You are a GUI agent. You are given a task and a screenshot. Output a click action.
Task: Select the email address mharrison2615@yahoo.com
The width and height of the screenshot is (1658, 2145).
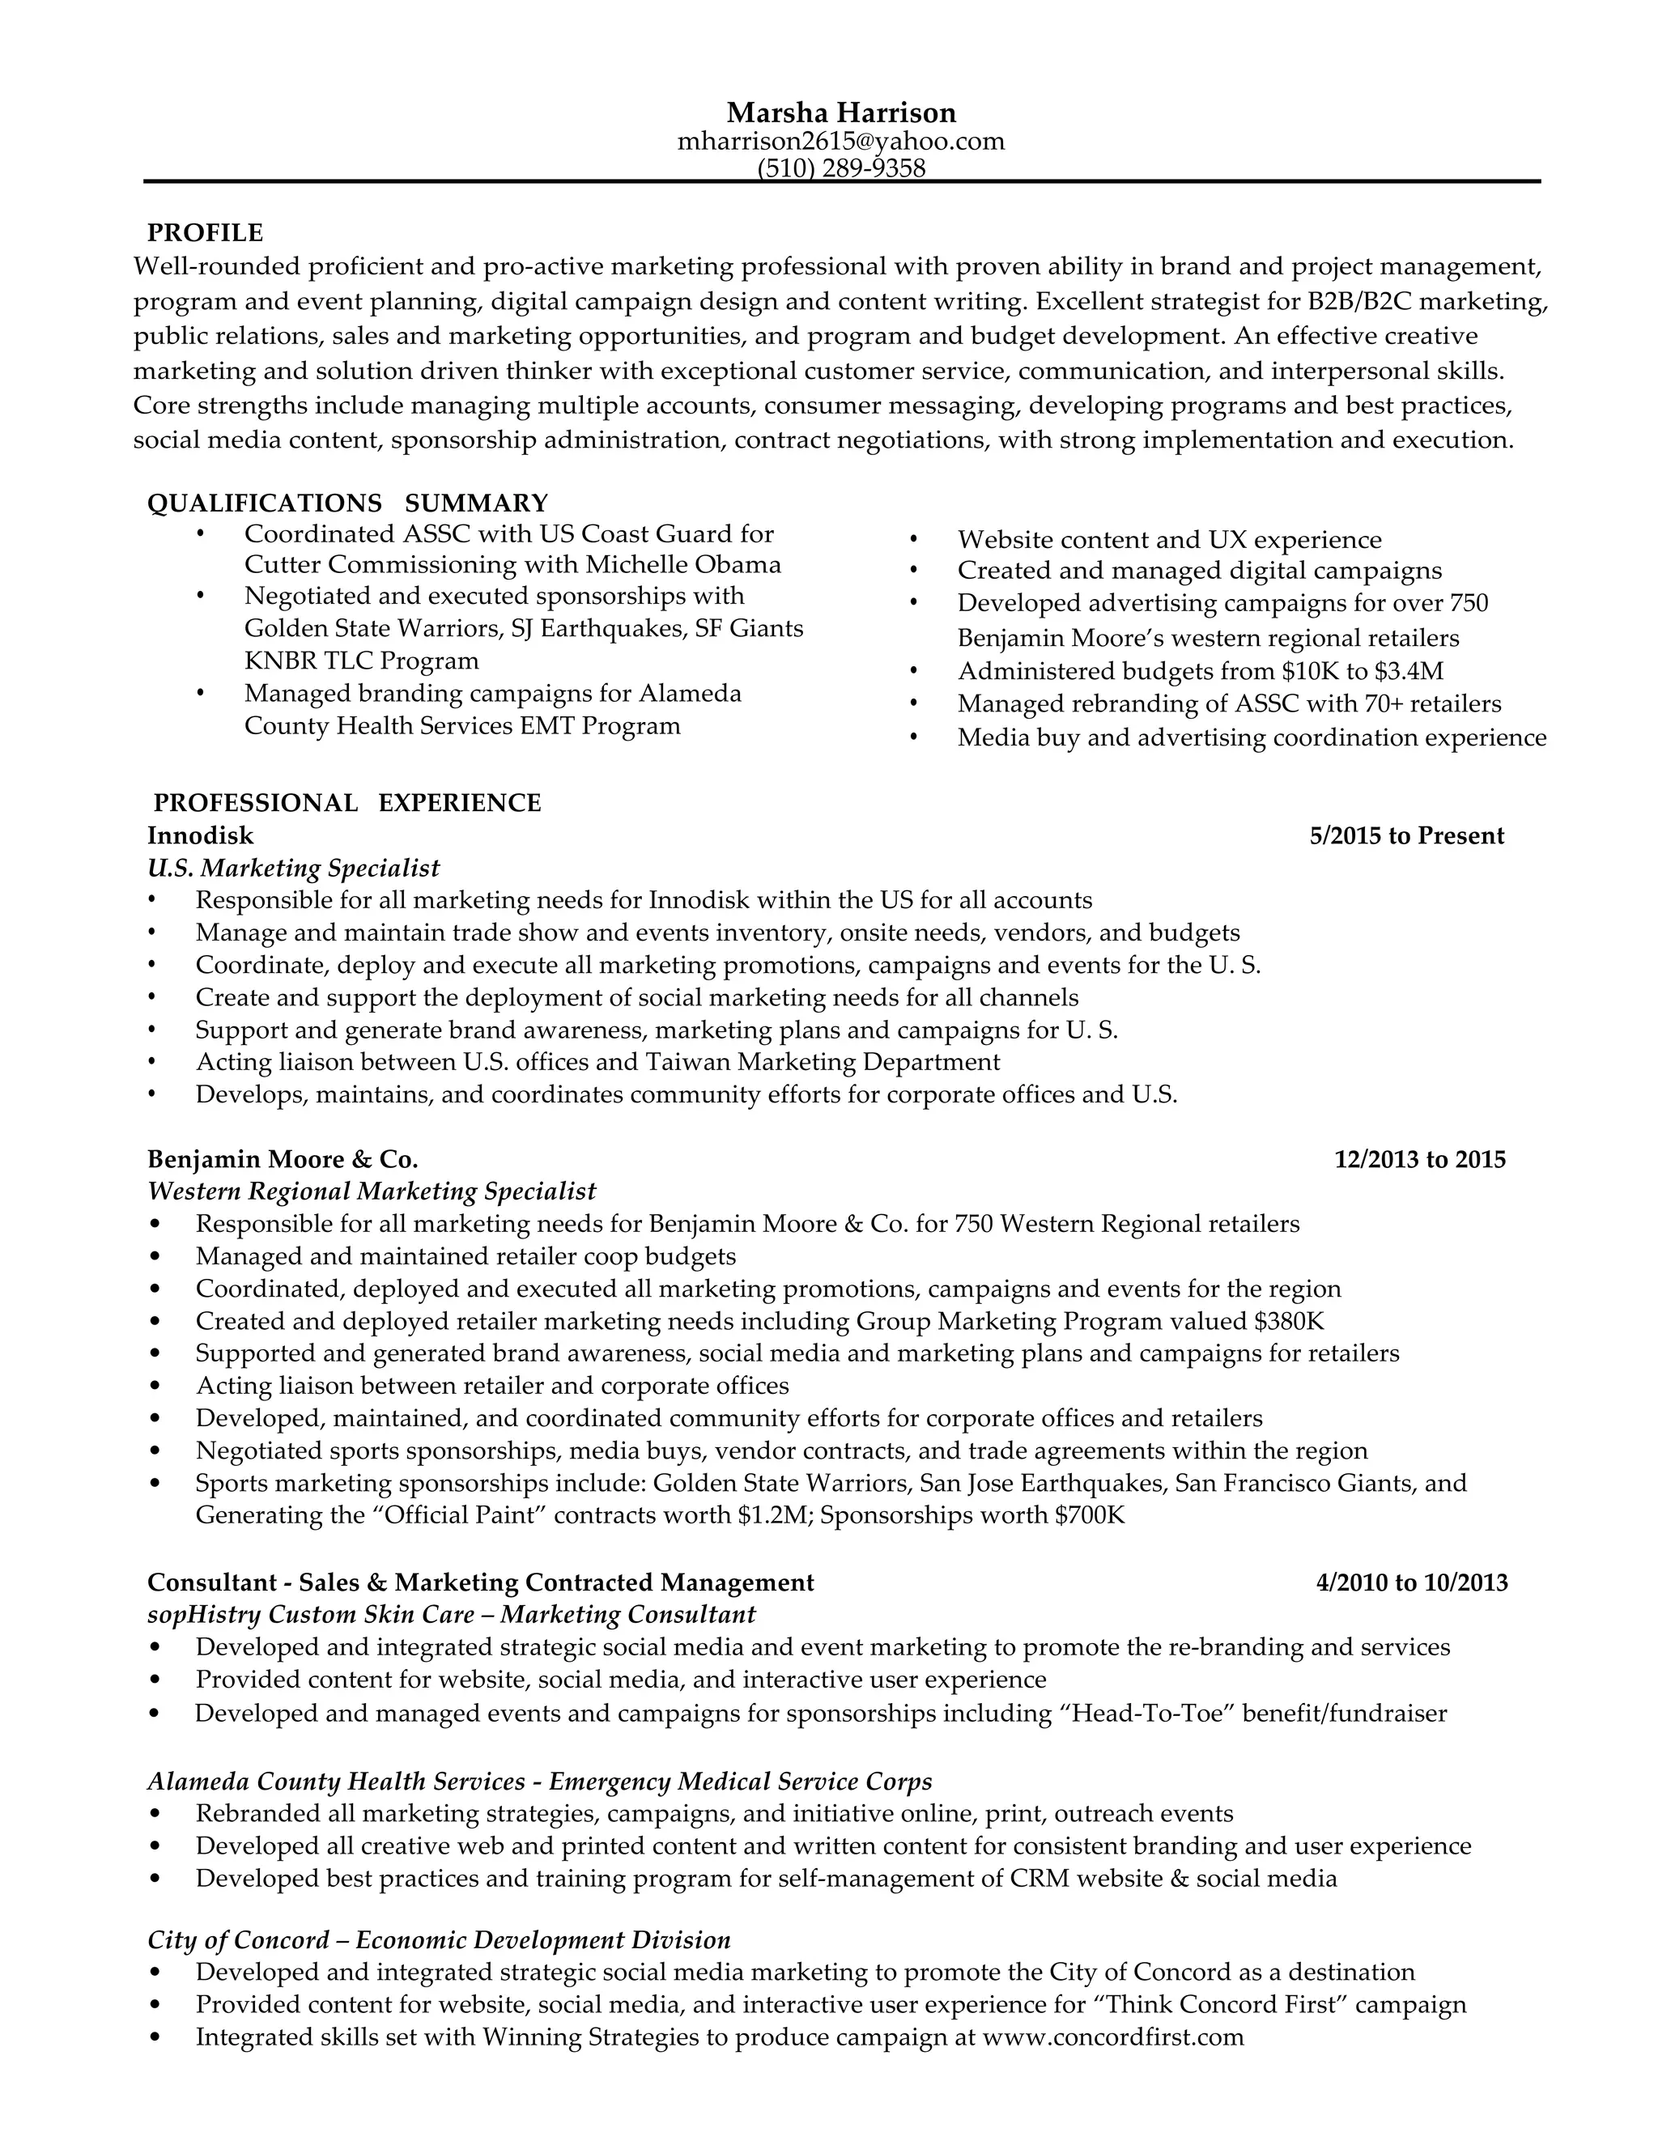[841, 142]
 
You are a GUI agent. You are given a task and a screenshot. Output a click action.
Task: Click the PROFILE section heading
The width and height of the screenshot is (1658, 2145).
[206, 233]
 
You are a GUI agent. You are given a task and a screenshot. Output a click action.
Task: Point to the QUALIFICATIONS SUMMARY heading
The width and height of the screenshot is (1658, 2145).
[347, 503]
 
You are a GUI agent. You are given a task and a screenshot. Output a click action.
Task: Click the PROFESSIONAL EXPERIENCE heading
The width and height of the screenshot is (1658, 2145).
[346, 804]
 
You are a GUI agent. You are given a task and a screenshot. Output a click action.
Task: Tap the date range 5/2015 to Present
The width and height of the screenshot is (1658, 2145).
[1406, 836]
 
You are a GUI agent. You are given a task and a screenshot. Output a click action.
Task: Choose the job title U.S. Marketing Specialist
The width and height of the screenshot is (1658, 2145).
[294, 869]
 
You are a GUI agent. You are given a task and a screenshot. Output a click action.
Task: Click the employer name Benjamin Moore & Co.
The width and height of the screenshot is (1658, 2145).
[283, 1160]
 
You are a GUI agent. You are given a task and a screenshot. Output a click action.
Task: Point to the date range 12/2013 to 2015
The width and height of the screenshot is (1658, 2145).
[1419, 1160]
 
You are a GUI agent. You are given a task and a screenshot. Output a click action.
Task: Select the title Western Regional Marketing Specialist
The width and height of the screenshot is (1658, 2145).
[372, 1191]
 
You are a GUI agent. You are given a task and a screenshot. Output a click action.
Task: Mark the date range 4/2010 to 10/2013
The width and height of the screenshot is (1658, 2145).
[1411, 1582]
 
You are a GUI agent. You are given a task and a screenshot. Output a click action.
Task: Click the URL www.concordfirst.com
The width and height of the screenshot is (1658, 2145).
[1113, 2037]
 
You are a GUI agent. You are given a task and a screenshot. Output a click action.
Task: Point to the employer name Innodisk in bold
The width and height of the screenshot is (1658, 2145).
[201, 836]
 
